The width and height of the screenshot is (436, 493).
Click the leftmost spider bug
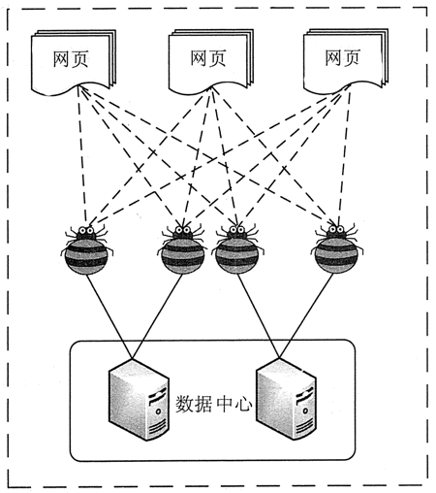click(x=86, y=249)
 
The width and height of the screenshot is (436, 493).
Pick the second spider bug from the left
click(x=181, y=249)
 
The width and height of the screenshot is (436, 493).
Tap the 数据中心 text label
click(x=214, y=402)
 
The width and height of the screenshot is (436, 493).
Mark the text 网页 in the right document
click(x=343, y=58)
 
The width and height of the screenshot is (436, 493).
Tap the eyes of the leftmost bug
click(x=86, y=231)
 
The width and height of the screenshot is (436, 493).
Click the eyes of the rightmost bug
click(x=334, y=231)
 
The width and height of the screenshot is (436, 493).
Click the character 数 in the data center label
click(x=186, y=402)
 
